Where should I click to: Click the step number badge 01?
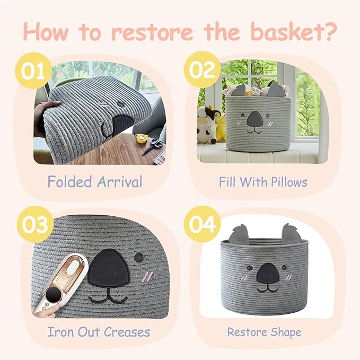pyautogui.click(x=33, y=70)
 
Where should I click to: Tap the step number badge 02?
pyautogui.click(x=202, y=70)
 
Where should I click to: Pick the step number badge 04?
pyautogui.click(x=202, y=224)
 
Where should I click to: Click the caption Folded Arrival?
pyautogui.click(x=95, y=182)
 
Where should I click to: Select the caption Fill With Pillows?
pyautogui.click(x=263, y=182)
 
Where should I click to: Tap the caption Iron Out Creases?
pyautogui.click(x=99, y=332)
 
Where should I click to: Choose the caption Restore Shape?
pyautogui.click(x=264, y=332)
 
